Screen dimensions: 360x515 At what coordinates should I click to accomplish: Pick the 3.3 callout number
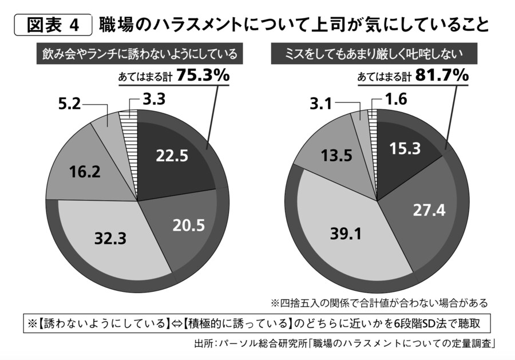(x=153, y=100)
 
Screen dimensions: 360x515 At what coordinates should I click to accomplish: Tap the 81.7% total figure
(x=441, y=76)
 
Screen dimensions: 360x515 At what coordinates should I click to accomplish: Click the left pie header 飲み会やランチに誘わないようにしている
(x=140, y=54)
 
